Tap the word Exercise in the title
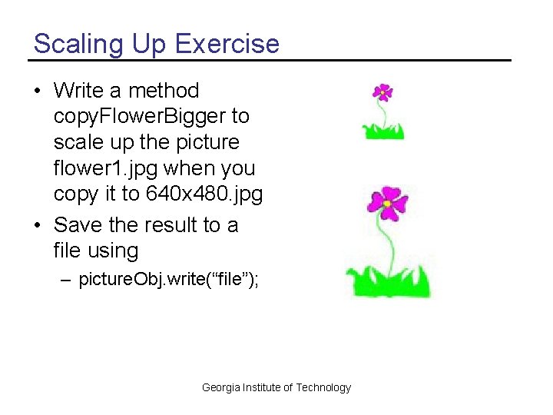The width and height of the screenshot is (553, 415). (227, 44)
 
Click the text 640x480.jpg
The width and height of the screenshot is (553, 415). (204, 194)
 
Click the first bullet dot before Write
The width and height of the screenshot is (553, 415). (38, 91)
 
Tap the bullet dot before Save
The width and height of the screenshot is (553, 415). (38, 226)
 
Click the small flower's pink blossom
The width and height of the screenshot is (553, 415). (382, 92)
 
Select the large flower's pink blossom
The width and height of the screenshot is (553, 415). (388, 203)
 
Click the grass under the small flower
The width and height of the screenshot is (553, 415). (383, 131)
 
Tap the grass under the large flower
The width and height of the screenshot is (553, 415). (388, 281)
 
